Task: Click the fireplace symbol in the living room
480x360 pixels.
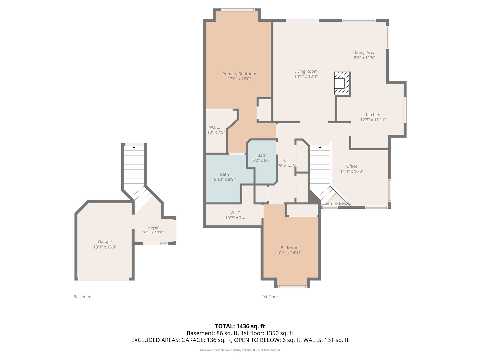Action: coord(342,83)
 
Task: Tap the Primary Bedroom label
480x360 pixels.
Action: coord(239,74)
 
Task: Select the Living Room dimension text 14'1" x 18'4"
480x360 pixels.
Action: coord(306,76)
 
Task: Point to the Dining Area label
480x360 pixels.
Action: coord(364,52)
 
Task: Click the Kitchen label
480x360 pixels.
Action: coord(373,115)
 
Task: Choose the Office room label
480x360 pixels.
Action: coord(351,166)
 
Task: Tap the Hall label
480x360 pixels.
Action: coord(286,161)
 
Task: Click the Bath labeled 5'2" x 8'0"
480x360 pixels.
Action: coord(262,158)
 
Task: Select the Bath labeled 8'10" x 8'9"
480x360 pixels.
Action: coord(224,177)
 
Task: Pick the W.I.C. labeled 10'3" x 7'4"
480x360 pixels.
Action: coord(235,215)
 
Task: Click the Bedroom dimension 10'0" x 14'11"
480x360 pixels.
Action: coord(289,253)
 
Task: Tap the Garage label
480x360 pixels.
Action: coord(105,242)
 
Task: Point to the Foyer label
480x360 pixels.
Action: coord(153,227)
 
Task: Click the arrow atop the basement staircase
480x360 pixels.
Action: coord(134,147)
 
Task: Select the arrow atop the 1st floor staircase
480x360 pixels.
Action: coord(320,147)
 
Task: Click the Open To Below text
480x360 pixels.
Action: coord(336,203)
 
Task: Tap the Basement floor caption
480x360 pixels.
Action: coord(83,297)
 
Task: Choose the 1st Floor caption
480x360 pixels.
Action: coord(270,297)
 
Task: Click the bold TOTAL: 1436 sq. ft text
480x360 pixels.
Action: coord(240,326)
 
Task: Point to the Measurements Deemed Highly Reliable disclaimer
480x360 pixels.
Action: coord(240,350)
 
